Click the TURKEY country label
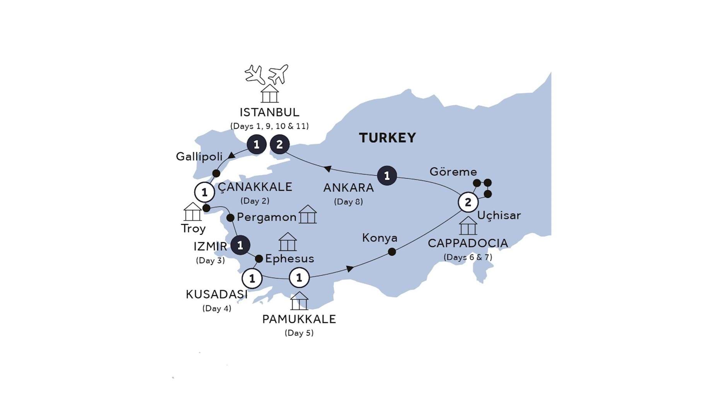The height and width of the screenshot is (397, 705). pyautogui.click(x=387, y=138)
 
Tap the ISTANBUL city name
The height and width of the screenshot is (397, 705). pyautogui.click(x=269, y=112)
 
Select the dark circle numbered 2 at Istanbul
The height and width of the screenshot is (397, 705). pyautogui.click(x=279, y=144)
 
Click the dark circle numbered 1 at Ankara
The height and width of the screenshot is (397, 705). pyautogui.click(x=387, y=176)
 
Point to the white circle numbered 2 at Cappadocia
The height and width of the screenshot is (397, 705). pyautogui.click(x=468, y=202)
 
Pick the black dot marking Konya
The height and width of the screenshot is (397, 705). pyautogui.click(x=392, y=252)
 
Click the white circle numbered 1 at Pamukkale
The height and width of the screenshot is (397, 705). pyautogui.click(x=299, y=277)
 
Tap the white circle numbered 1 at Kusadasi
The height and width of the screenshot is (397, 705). pyautogui.click(x=252, y=278)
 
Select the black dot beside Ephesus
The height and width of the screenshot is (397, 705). pyautogui.click(x=259, y=258)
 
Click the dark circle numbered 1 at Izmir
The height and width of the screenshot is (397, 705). pyautogui.click(x=240, y=245)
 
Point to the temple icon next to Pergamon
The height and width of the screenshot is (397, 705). pyautogui.click(x=308, y=214)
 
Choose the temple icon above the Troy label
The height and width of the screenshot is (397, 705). pyautogui.click(x=192, y=212)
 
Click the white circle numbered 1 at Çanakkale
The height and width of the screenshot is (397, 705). pyautogui.click(x=204, y=192)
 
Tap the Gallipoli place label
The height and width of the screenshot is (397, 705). pyautogui.click(x=199, y=156)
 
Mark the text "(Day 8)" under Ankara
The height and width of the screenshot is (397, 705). pyautogui.click(x=348, y=202)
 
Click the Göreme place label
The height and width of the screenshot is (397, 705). pyautogui.click(x=453, y=171)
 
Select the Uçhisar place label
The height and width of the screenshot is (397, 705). pyautogui.click(x=499, y=216)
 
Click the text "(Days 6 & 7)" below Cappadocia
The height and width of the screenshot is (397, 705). pyautogui.click(x=468, y=257)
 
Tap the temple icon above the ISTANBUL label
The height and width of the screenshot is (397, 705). pyautogui.click(x=269, y=94)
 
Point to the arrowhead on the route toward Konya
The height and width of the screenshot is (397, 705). pyautogui.click(x=350, y=269)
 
